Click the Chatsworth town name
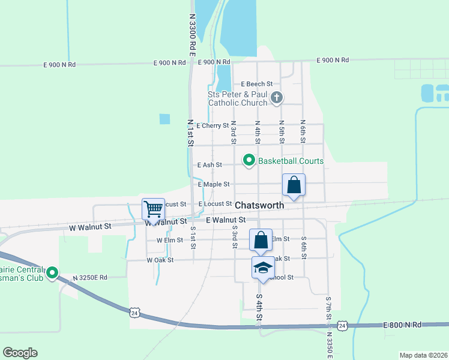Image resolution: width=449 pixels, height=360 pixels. pyautogui.click(x=259, y=205)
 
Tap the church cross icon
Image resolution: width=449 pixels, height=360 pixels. pyautogui.click(x=277, y=98)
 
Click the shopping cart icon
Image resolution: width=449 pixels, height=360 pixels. pyautogui.click(x=154, y=209)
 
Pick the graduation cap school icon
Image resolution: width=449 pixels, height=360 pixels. pyautogui.click(x=262, y=268)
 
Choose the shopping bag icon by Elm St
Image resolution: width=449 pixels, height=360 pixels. pyautogui.click(x=261, y=240)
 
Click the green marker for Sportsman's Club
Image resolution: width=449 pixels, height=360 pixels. pyautogui.click(x=52, y=273)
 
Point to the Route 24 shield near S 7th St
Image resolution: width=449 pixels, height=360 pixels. pyautogui.click(x=342, y=325)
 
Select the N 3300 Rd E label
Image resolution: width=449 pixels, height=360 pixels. pyautogui.click(x=192, y=36)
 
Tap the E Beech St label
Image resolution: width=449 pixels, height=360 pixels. pyautogui.click(x=257, y=84)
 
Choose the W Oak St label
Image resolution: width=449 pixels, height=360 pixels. pyautogui.click(x=160, y=260)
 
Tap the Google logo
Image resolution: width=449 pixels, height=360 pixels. pyautogui.click(x=20, y=353)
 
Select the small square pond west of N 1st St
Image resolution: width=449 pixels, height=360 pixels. pyautogui.click(x=164, y=119)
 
